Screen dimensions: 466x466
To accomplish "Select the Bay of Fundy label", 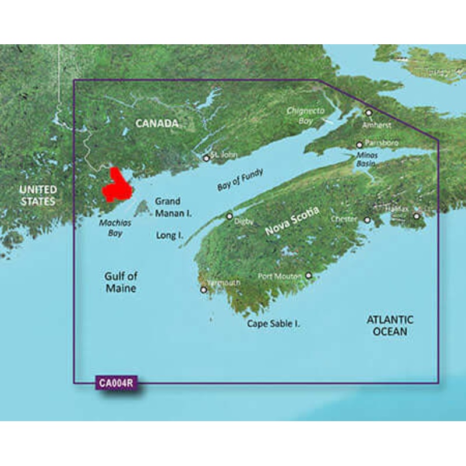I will (x=240, y=179).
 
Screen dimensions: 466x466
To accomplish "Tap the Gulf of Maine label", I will (x=121, y=283).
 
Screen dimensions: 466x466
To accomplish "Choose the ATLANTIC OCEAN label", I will (x=390, y=326).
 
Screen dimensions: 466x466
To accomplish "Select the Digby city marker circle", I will (x=230, y=216).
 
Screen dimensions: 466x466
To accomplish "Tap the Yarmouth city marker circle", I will (x=203, y=290).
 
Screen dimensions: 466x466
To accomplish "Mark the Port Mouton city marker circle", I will (x=309, y=276).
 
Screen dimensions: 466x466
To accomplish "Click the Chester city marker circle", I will (x=368, y=220).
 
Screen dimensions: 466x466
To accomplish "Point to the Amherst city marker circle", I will (x=368, y=112).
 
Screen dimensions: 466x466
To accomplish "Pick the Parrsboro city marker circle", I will (x=359, y=144).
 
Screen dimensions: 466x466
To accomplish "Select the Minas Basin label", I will (x=368, y=160).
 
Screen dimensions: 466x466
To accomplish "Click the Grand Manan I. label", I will (x=173, y=207).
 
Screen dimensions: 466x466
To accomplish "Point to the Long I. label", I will (x=170, y=236).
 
